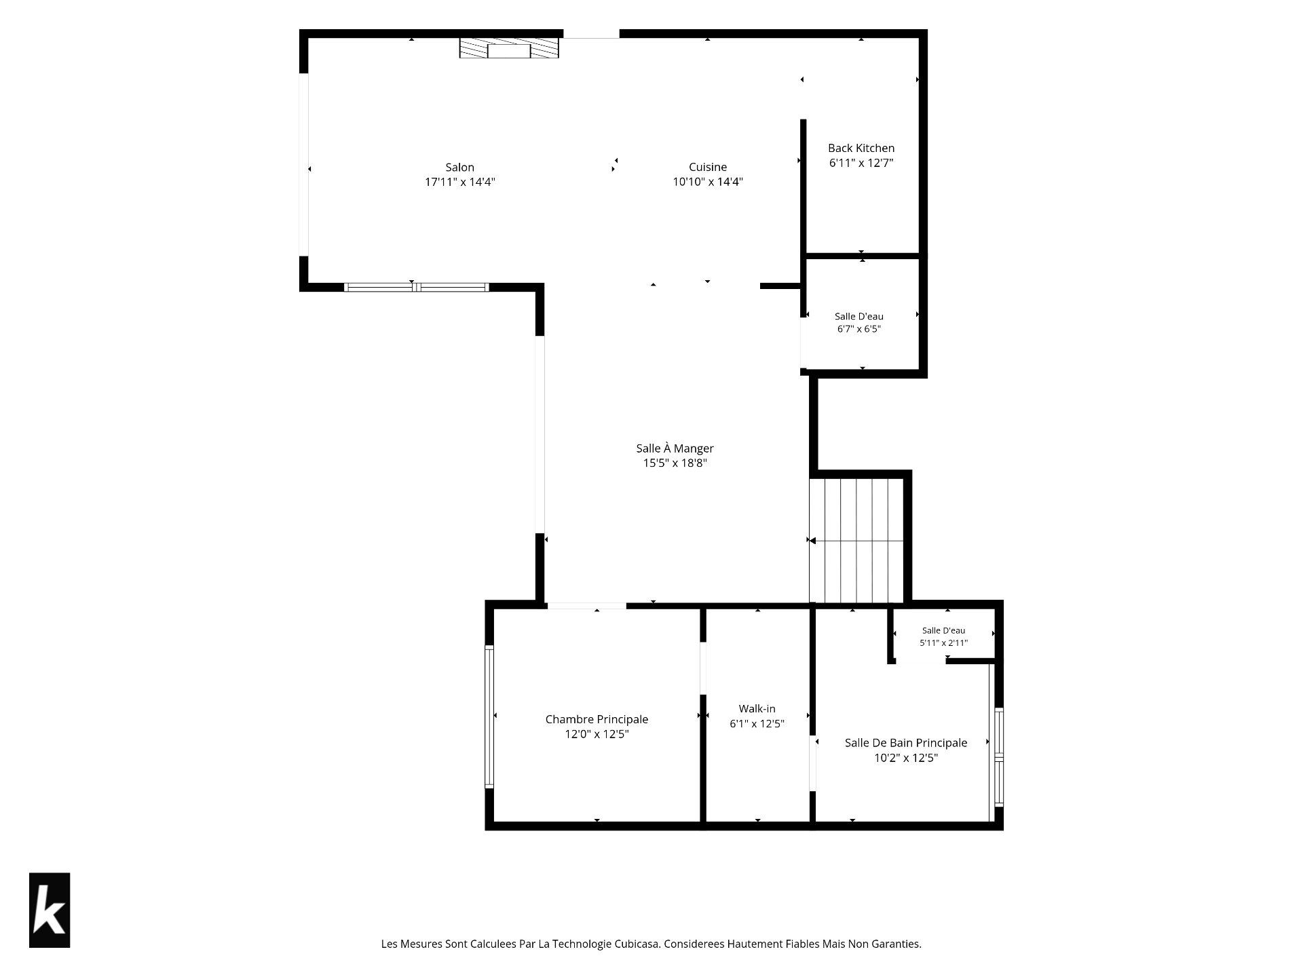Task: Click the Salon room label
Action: coord(459,167)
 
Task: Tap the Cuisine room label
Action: coord(708,167)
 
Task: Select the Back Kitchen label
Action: coord(861,148)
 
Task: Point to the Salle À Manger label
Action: coord(675,448)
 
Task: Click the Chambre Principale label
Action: coord(597,719)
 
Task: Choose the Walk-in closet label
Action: coord(757,709)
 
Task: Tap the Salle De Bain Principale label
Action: coord(905,743)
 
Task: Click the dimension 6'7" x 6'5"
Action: coord(859,329)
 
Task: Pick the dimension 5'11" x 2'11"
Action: coord(943,643)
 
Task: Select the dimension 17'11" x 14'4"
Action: coord(460,182)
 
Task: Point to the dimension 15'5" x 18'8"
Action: coord(675,463)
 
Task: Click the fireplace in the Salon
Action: coord(509,48)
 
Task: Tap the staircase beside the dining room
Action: coord(856,541)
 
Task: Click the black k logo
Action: coord(50,910)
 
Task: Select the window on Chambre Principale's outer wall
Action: coord(489,716)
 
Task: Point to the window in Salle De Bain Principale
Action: coord(999,756)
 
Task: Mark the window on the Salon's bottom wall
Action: coord(416,287)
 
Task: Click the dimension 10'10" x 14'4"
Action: coord(708,182)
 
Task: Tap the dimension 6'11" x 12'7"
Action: coord(861,163)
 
